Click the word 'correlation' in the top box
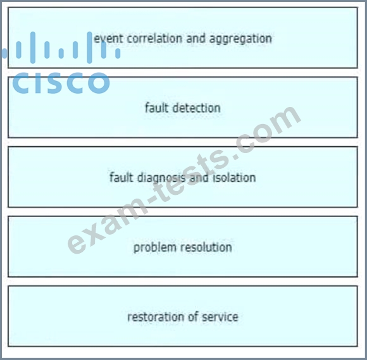click(154, 39)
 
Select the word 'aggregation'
click(240, 39)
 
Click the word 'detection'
click(197, 108)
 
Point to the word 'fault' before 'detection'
click(156, 108)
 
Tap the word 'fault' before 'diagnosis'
click(121, 177)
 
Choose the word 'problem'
click(155, 247)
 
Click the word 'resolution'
click(207, 247)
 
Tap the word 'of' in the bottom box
click(192, 317)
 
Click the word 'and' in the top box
click(196, 39)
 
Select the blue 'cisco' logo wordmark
click(61, 82)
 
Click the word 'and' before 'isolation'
click(199, 177)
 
